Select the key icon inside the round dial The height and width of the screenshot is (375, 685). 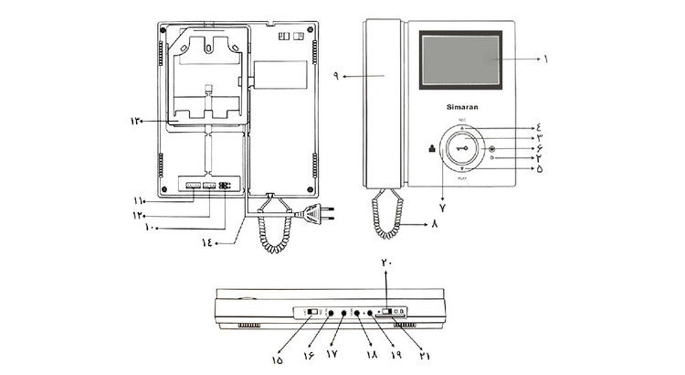(x=462, y=150)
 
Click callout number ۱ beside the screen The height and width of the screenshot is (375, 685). (x=545, y=58)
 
